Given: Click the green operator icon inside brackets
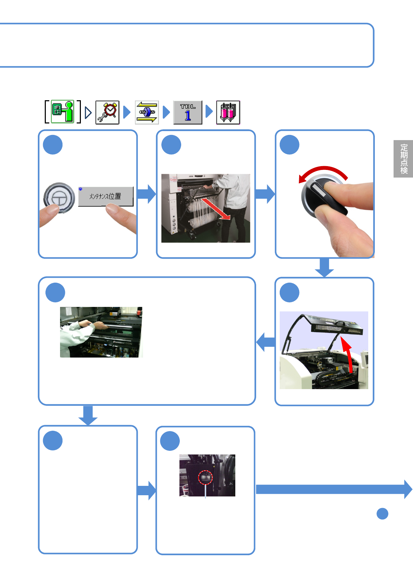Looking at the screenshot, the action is (63, 112).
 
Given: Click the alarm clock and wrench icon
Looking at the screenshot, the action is (107, 112).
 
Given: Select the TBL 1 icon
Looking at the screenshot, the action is (188, 112).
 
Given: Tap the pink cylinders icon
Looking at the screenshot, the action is (228, 112).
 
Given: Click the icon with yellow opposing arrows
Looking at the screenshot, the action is (147, 112).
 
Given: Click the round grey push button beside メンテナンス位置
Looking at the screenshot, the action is (59, 198).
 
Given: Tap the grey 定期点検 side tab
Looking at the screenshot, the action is (403, 159).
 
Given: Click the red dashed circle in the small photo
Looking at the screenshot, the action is (205, 478).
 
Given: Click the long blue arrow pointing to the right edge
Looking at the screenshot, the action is (333, 489).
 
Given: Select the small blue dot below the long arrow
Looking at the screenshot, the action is (382, 514).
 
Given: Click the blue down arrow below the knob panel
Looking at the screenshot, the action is (324, 267).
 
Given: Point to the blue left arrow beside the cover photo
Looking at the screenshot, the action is (265, 342).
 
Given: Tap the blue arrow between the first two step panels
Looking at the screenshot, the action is (146, 194).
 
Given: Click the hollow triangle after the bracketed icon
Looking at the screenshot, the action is (88, 112).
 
